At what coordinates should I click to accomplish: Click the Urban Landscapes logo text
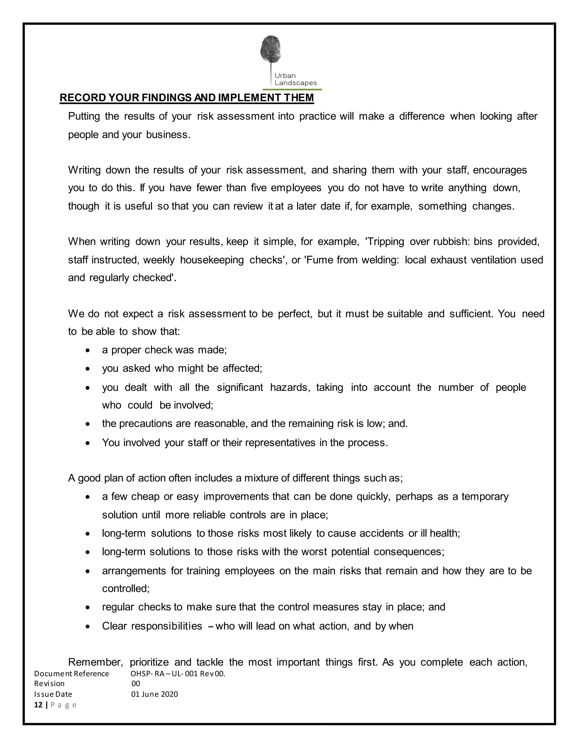(x=295, y=79)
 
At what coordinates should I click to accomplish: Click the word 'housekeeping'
(x=212, y=260)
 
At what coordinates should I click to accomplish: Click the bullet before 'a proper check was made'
(x=88, y=351)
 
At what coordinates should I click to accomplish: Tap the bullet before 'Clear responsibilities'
(x=88, y=627)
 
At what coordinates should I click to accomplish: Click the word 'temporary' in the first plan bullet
(x=485, y=496)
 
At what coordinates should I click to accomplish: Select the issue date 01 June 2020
(x=154, y=694)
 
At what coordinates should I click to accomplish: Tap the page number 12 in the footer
(x=38, y=705)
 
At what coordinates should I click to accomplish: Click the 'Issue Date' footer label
(x=53, y=694)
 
